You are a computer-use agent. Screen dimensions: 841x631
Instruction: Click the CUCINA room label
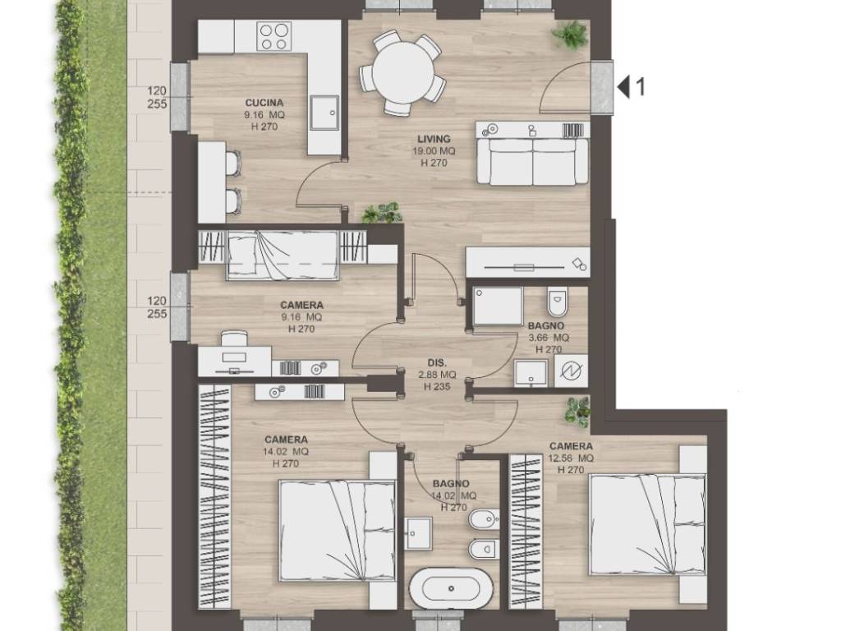tap(264, 103)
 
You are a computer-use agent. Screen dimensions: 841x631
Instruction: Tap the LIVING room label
tap(434, 139)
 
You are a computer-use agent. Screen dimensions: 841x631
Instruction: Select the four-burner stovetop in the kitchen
tap(274, 36)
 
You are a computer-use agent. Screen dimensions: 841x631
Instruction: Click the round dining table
tap(402, 72)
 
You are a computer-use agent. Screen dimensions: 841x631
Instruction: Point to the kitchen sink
tap(324, 113)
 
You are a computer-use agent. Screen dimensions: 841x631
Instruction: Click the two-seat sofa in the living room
tap(532, 162)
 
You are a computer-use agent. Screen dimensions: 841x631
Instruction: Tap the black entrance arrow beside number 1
tap(623, 86)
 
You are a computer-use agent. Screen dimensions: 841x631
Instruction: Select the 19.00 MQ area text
tap(434, 151)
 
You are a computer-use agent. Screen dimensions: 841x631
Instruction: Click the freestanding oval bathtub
tap(451, 587)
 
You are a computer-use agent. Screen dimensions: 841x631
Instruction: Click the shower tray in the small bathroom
tap(497, 306)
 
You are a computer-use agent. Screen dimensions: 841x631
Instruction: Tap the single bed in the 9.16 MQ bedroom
tap(283, 255)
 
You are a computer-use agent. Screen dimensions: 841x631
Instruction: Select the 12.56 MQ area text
tap(572, 458)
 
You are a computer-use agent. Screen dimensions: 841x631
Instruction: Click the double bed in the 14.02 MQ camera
tap(337, 531)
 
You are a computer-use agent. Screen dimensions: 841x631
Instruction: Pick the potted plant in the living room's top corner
tap(570, 35)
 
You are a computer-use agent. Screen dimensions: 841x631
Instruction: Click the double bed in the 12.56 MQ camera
tap(647, 525)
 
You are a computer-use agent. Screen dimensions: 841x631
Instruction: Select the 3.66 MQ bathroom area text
tap(549, 338)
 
